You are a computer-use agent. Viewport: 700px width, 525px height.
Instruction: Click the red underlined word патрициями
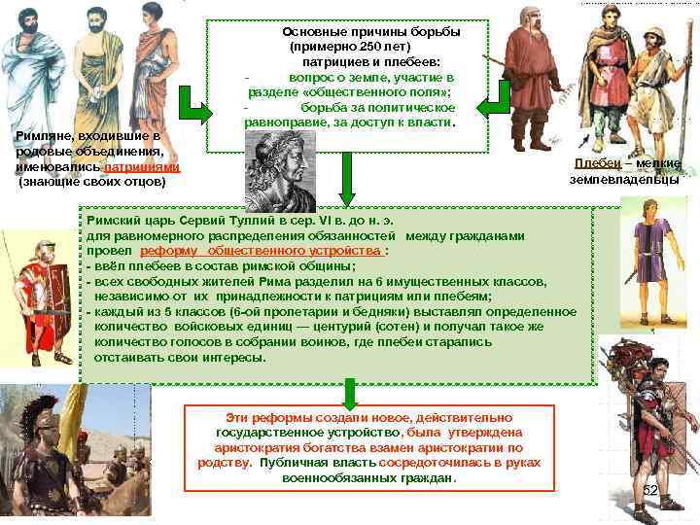click(x=143, y=167)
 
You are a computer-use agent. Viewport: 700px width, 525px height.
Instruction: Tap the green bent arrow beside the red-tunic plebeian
click(x=499, y=98)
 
